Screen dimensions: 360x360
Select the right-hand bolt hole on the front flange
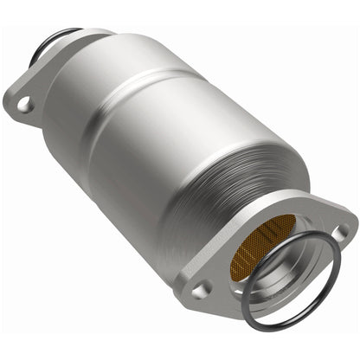click(344, 232)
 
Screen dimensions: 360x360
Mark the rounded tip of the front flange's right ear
click(354, 230)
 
